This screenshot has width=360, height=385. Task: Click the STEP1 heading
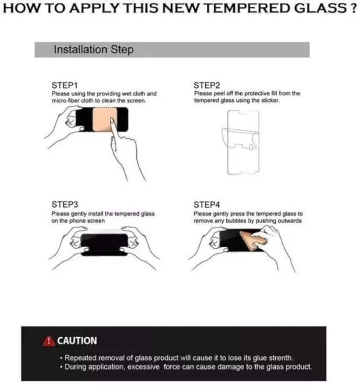click(x=65, y=85)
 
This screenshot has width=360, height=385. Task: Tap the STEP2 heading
click(x=207, y=85)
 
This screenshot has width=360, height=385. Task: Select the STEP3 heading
click(x=65, y=204)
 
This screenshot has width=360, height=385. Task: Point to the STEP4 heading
click(x=207, y=204)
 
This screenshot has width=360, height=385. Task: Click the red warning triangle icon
click(x=49, y=341)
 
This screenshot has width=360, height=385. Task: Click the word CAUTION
click(x=77, y=341)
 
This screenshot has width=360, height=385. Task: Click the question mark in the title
click(x=353, y=8)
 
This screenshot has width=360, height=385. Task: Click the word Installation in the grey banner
click(x=80, y=49)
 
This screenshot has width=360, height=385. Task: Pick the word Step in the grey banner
click(x=122, y=50)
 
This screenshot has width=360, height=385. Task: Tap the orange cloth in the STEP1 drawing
click(x=103, y=119)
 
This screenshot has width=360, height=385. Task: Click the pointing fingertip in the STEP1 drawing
click(x=112, y=121)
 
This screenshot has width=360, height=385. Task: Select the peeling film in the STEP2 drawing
click(x=239, y=137)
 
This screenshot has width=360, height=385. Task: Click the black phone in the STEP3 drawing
click(x=104, y=245)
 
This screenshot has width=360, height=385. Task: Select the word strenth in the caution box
click(x=280, y=358)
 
